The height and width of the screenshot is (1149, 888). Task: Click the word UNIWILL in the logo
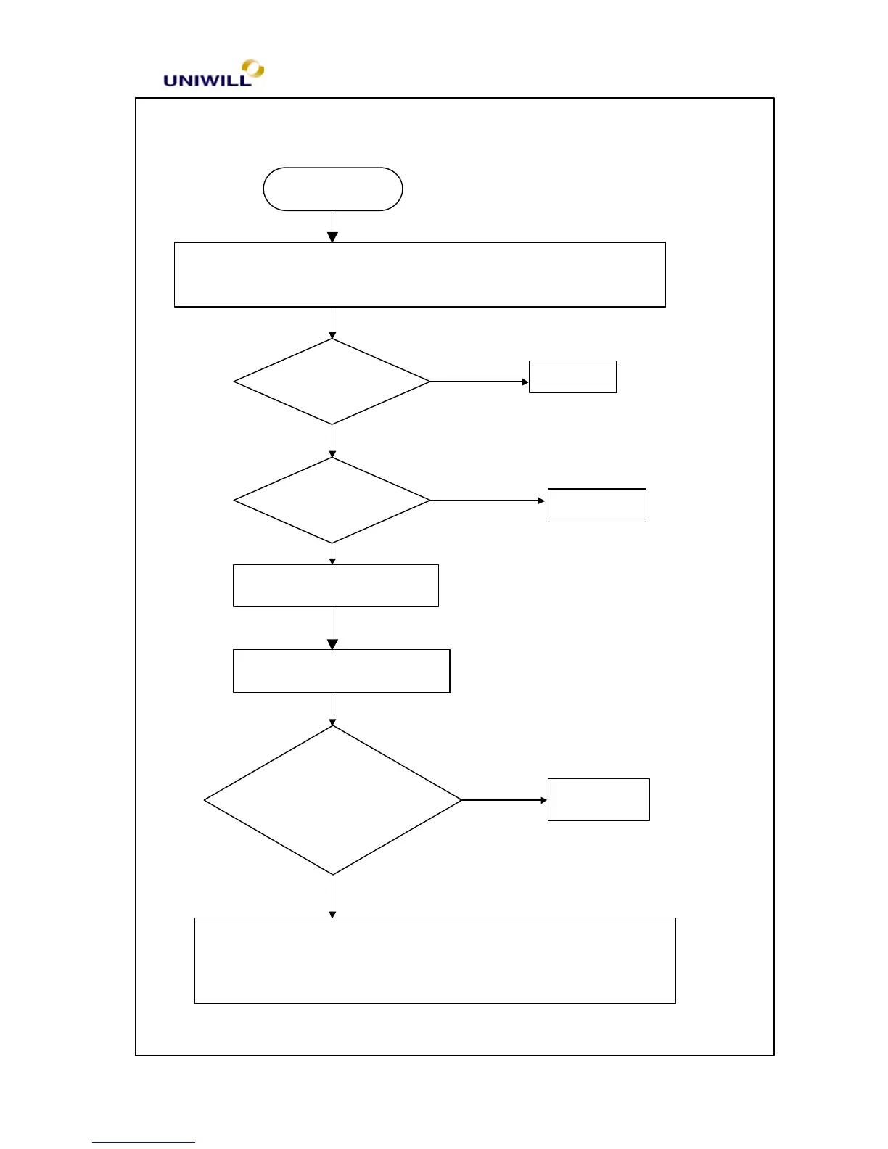pyautogui.click(x=207, y=81)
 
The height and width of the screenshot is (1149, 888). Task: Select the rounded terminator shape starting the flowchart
pyautogui.click(x=332, y=189)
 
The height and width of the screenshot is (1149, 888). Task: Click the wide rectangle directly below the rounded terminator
pyautogui.click(x=419, y=274)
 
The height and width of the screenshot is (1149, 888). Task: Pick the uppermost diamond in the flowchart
pyautogui.click(x=332, y=382)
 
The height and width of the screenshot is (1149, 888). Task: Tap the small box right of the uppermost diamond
pyautogui.click(x=573, y=376)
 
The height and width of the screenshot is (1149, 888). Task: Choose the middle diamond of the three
pyautogui.click(x=332, y=501)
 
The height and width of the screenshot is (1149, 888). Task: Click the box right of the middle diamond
pyautogui.click(x=596, y=505)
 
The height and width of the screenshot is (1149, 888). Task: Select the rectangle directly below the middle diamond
pyautogui.click(x=336, y=585)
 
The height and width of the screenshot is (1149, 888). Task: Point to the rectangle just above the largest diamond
pyautogui.click(x=341, y=671)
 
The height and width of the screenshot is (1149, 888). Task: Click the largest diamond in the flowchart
pyautogui.click(x=332, y=800)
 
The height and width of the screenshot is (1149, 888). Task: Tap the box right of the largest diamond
pyautogui.click(x=599, y=799)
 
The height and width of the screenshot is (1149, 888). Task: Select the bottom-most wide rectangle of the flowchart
pyautogui.click(x=435, y=960)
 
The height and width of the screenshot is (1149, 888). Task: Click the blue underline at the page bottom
pyautogui.click(x=143, y=1142)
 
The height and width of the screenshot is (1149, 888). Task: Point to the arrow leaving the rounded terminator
pyautogui.click(x=332, y=226)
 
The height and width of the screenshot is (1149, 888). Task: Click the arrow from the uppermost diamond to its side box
pyautogui.click(x=480, y=382)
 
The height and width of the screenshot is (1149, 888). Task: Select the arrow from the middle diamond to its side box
pyautogui.click(x=488, y=501)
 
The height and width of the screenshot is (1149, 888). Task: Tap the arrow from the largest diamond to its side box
pyautogui.click(x=504, y=800)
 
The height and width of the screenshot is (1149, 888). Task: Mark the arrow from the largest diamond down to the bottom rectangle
pyautogui.click(x=332, y=897)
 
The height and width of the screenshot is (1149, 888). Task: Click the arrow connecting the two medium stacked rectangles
pyautogui.click(x=332, y=628)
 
